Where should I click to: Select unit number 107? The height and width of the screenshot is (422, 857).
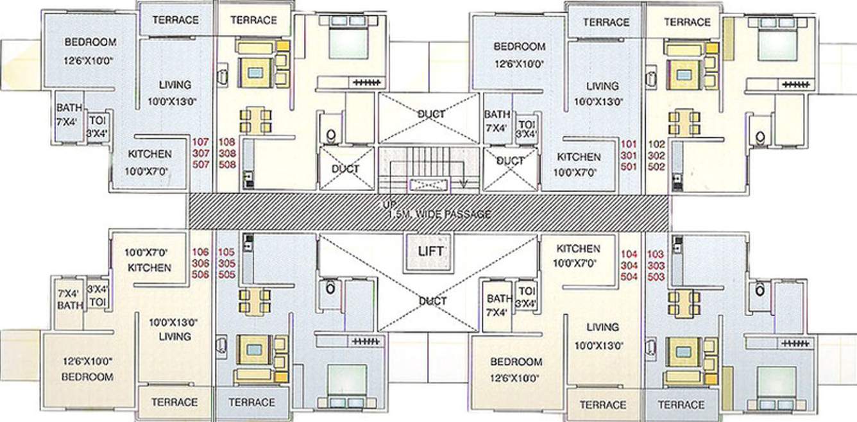(x=201, y=142)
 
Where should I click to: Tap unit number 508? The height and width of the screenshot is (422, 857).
(x=228, y=165)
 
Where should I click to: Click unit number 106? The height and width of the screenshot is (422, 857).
(x=201, y=252)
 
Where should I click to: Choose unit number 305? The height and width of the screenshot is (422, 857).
(x=228, y=264)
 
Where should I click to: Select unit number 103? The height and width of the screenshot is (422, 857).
(x=656, y=254)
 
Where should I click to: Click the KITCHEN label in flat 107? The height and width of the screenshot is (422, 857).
(x=149, y=154)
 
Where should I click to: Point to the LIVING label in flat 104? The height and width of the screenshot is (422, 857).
(x=602, y=327)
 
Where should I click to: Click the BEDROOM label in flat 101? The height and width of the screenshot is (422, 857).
(x=519, y=47)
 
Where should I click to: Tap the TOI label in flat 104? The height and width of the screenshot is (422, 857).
(x=526, y=290)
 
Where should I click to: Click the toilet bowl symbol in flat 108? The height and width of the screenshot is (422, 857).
(x=332, y=135)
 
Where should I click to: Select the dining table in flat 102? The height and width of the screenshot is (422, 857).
(x=684, y=121)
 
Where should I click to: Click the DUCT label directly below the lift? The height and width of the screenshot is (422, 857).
(x=432, y=301)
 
